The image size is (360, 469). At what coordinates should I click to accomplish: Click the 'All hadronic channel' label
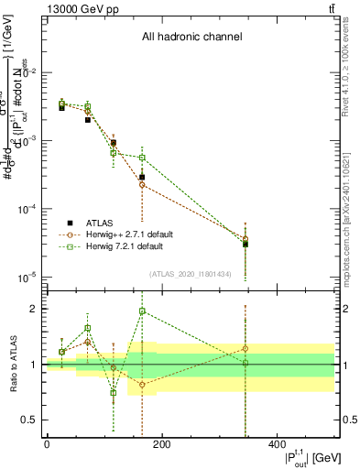pyautogui.click(x=191, y=38)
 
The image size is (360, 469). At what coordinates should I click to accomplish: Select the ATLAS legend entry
pyautogui.click(x=101, y=223)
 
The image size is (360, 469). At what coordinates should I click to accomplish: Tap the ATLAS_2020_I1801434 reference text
pyautogui.click(x=190, y=274)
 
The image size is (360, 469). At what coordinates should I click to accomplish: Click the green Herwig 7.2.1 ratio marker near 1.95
pyautogui.click(x=142, y=311)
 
